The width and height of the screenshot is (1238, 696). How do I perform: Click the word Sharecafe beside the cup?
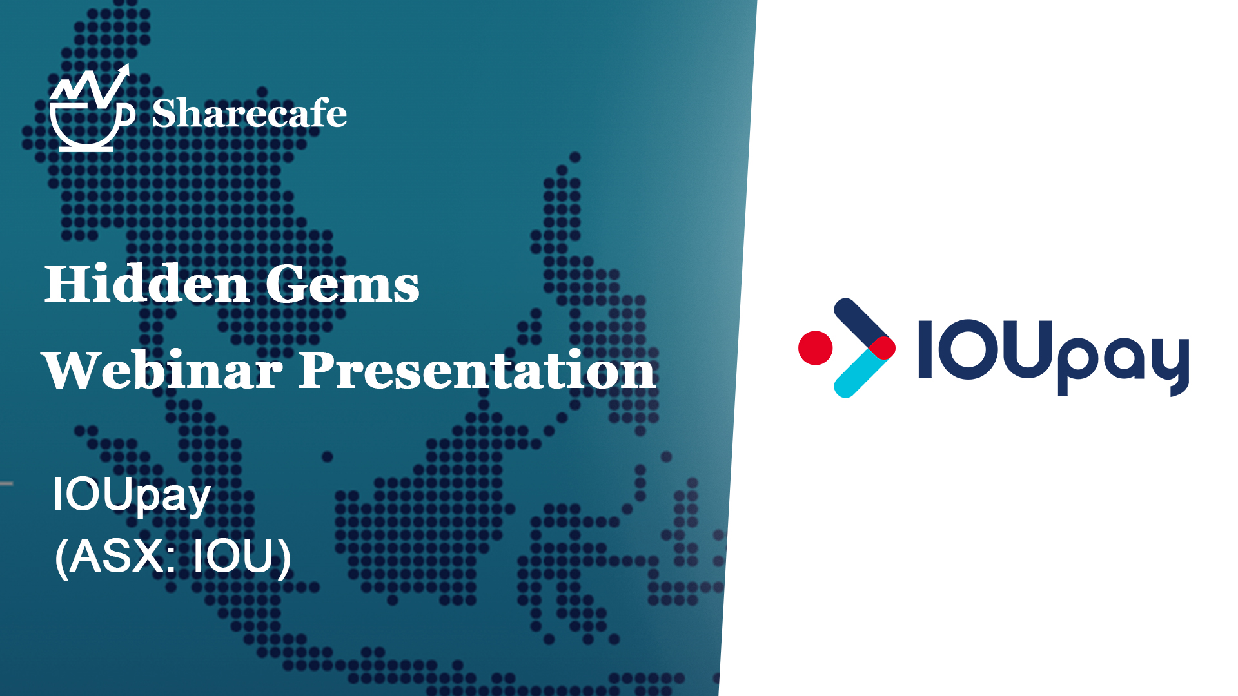tap(250, 113)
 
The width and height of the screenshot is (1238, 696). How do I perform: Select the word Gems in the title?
tap(342, 284)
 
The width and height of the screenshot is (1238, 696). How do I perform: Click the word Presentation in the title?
tap(478, 370)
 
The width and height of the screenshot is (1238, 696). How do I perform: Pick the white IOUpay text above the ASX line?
tap(132, 496)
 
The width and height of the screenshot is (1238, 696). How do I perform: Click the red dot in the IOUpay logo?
tap(815, 348)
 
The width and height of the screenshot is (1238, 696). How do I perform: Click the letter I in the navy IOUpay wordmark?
tap(925, 349)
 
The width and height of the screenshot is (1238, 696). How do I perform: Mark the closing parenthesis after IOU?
tap(284, 557)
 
